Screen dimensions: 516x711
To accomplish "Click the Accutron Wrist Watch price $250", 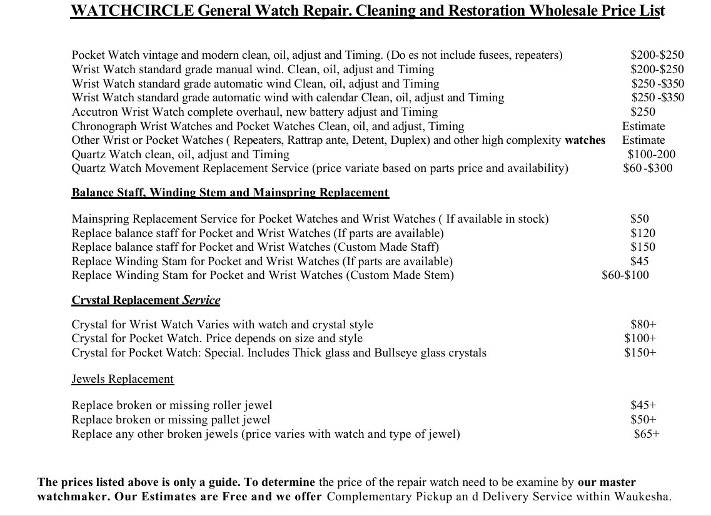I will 643,112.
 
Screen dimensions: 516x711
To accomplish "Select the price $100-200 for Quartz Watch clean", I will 652,154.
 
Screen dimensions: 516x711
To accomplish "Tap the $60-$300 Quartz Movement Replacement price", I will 648,168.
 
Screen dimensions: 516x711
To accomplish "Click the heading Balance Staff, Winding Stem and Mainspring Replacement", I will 230,193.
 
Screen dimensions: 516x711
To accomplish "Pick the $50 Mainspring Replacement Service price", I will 640,219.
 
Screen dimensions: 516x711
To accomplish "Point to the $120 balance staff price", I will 643,233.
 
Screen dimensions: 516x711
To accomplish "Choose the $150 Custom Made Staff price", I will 643,247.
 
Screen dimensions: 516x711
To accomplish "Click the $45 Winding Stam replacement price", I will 640,261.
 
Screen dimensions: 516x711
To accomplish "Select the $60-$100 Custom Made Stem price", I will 625,275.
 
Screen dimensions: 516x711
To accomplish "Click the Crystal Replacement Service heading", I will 146,300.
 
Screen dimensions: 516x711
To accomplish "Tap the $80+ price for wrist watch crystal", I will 643,325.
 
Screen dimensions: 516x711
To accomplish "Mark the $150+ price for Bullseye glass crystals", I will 640,353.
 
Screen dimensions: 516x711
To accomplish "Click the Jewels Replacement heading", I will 123,379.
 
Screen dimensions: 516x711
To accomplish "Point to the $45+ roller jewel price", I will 643,405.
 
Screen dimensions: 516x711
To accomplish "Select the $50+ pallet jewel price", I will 643,420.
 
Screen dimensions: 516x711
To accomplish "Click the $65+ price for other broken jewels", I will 647,433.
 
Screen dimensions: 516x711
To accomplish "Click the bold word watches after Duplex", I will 585,140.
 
